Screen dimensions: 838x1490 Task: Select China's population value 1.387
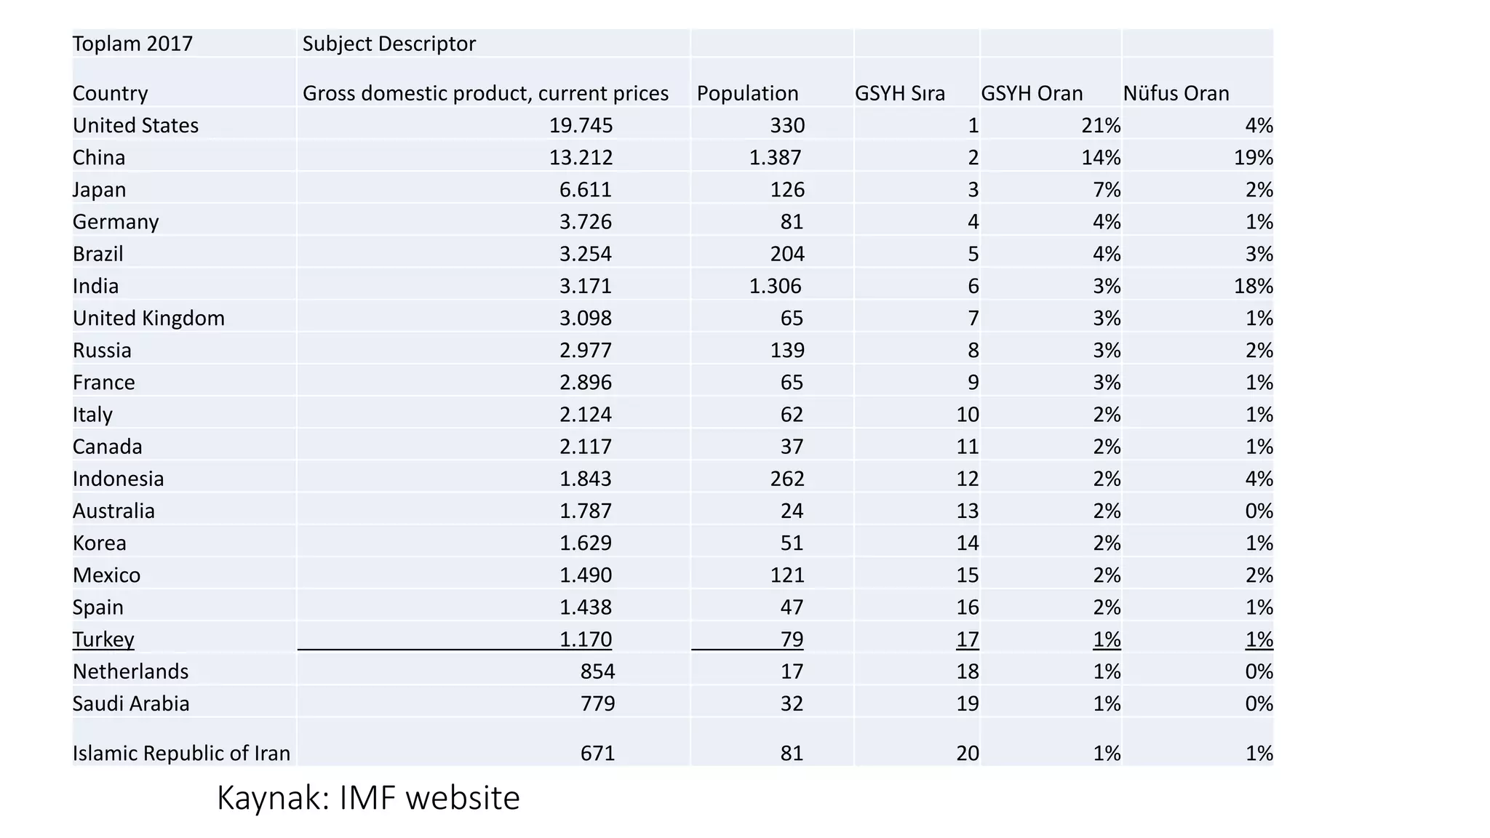tap(775, 157)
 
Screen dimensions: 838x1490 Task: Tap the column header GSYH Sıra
tap(899, 93)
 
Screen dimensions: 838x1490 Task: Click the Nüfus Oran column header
tap(1176, 93)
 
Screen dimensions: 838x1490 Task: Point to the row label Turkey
tap(103, 639)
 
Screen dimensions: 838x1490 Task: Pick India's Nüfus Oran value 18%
tap(1253, 286)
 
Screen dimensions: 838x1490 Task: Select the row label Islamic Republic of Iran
tap(181, 753)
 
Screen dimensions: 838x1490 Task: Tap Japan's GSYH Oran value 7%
tap(1106, 190)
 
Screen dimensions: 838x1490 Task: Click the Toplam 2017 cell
tap(132, 44)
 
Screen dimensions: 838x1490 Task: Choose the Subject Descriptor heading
tap(389, 44)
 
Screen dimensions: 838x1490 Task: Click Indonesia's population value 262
tap(787, 479)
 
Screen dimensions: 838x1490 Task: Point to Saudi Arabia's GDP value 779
tap(597, 703)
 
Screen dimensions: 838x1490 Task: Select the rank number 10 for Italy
tap(967, 415)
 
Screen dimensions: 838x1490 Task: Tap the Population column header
tap(747, 93)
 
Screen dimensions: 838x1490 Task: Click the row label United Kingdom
tap(148, 318)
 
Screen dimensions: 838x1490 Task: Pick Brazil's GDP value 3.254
tap(585, 254)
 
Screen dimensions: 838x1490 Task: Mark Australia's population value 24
tap(792, 511)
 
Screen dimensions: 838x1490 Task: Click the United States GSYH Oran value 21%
tap(1100, 125)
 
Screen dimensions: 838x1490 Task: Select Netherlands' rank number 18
tap(967, 671)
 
